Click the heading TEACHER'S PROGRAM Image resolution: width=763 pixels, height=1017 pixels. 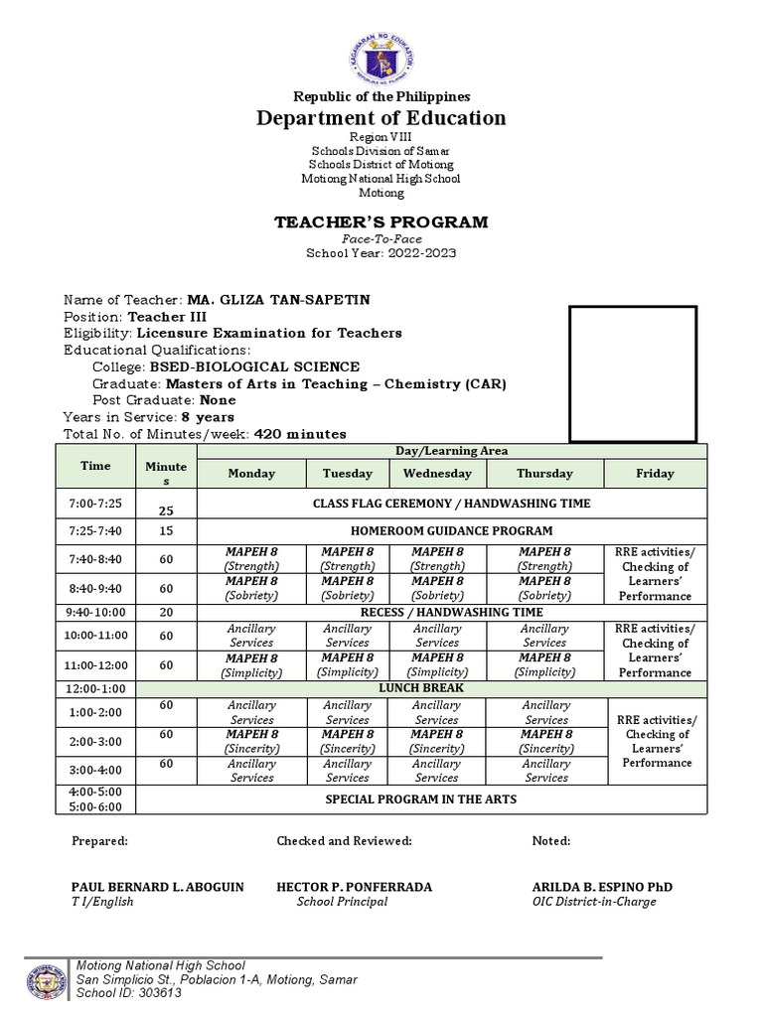pyautogui.click(x=381, y=221)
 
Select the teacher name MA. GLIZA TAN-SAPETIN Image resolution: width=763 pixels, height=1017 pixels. pyautogui.click(x=263, y=300)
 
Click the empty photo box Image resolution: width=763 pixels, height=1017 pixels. pyautogui.click(x=632, y=373)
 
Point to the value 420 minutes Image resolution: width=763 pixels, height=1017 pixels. pyautogui.click(x=300, y=433)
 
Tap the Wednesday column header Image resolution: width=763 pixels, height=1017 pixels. pyautogui.click(x=437, y=474)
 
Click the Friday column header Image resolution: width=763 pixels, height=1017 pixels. pyautogui.click(x=655, y=474)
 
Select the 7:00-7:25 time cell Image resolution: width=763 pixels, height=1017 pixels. pyautogui.click(x=96, y=504)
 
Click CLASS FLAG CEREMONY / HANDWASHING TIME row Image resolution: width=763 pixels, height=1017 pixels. pyautogui.click(x=451, y=504)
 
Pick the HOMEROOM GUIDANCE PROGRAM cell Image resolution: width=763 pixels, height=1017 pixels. pyautogui.click(x=451, y=530)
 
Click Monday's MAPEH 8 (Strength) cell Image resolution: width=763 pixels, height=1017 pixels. pyautogui.click(x=251, y=559)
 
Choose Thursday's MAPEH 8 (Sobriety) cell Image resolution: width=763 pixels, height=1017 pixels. pyautogui.click(x=544, y=588)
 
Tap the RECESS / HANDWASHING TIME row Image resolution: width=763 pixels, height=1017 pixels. pyautogui.click(x=451, y=613)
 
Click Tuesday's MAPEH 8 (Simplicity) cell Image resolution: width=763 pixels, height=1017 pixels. pyautogui.click(x=347, y=664)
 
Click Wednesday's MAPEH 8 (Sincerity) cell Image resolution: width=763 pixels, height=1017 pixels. pyautogui.click(x=437, y=741)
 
